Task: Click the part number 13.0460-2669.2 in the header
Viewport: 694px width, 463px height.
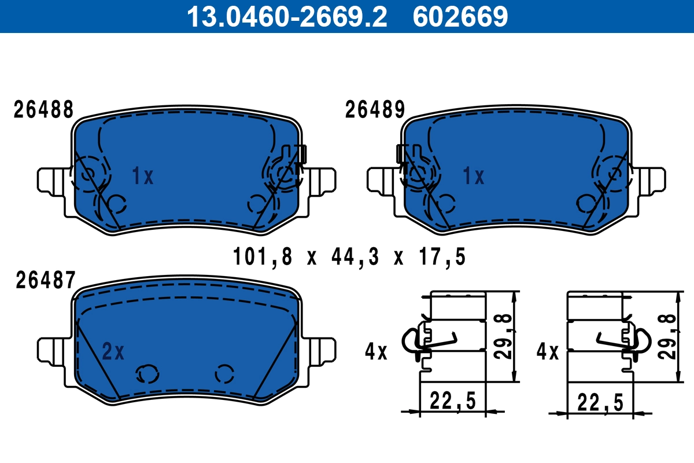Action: (286, 16)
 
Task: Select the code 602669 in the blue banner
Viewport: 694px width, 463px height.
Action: (460, 16)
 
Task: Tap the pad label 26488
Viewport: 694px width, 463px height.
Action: (43, 109)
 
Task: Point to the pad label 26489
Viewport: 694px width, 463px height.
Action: (375, 109)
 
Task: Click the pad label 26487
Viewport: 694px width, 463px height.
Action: (45, 281)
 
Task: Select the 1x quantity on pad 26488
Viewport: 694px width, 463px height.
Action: (142, 177)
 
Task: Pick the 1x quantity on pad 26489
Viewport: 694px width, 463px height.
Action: (473, 177)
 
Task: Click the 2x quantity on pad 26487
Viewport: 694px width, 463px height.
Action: (113, 351)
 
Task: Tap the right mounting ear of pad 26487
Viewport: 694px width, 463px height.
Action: (322, 351)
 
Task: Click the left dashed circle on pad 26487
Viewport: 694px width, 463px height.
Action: (146, 374)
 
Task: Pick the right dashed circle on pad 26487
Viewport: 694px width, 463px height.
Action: (224, 374)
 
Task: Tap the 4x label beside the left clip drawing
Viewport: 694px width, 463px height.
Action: (376, 351)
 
